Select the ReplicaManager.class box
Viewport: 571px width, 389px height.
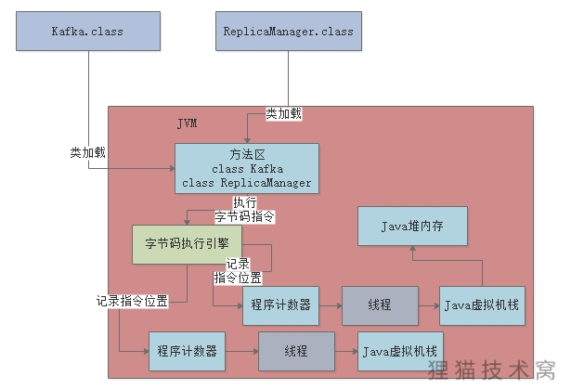pyautogui.click(x=288, y=31)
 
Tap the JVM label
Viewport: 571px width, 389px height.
pyautogui.click(x=187, y=123)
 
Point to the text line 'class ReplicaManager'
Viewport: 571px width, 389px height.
pyautogui.click(x=246, y=182)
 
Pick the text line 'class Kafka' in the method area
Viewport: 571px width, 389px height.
pyautogui.click(x=246, y=169)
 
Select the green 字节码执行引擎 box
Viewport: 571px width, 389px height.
pyautogui.click(x=188, y=243)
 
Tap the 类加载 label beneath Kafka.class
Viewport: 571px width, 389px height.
pyautogui.click(x=87, y=151)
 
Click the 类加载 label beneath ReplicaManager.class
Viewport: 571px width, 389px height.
pyautogui.click(x=283, y=113)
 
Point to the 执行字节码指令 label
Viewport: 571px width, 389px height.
pyautogui.click(x=244, y=210)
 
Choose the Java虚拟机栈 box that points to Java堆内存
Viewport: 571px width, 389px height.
pyautogui.click(x=481, y=305)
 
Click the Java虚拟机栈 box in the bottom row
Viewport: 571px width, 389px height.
pyautogui.click(x=400, y=351)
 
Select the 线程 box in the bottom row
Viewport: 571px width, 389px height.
pyautogui.click(x=296, y=351)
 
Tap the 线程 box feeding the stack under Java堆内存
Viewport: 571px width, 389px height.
pyautogui.click(x=379, y=305)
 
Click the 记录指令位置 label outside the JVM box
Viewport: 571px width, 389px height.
pyautogui.click(x=132, y=301)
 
